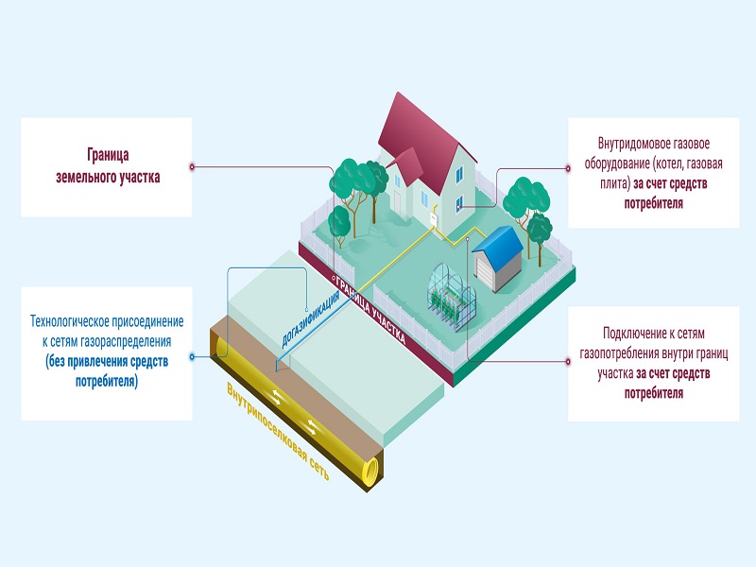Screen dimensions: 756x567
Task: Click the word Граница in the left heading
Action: coord(108,155)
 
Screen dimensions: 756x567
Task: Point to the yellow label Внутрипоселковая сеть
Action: coord(278,432)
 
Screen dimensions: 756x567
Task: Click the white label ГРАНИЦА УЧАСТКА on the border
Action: coord(369,311)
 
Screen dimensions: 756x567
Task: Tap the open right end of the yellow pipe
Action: coord(370,472)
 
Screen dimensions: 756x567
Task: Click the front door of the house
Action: coord(398,202)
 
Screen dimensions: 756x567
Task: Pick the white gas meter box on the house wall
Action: coord(434,219)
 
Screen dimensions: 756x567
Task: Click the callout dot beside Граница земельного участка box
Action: coord(192,167)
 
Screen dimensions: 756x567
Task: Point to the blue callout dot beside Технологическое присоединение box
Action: coord(192,357)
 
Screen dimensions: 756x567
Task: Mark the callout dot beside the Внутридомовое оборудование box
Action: coord(568,168)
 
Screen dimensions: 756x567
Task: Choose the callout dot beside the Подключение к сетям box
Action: coord(568,361)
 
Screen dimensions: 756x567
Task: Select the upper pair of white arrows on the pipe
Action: coord(279,397)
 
